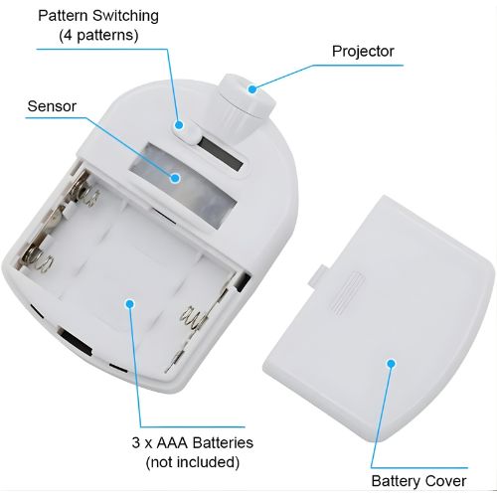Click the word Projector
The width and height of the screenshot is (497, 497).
click(363, 51)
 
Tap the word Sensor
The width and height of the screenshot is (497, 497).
click(52, 106)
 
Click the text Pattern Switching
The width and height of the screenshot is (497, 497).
click(98, 16)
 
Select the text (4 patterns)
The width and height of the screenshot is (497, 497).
click(98, 35)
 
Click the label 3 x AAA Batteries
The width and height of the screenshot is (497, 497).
click(192, 442)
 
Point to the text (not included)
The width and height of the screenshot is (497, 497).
click(193, 462)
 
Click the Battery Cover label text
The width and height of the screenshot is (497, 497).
click(418, 481)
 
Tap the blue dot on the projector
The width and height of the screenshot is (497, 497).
click(252, 88)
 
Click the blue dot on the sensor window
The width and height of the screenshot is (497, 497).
click(175, 178)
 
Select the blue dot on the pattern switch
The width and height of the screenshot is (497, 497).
click(179, 125)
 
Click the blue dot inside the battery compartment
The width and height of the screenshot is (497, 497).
click(130, 303)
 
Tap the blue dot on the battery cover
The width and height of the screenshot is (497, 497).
click(392, 364)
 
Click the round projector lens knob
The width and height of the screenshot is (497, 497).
click(247, 97)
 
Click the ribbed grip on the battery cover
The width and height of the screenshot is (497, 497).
click(348, 293)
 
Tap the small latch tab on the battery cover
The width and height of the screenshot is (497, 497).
click(316, 274)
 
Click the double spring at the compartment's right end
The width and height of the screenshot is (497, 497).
click(194, 317)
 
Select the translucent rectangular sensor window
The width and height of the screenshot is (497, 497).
click(183, 186)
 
